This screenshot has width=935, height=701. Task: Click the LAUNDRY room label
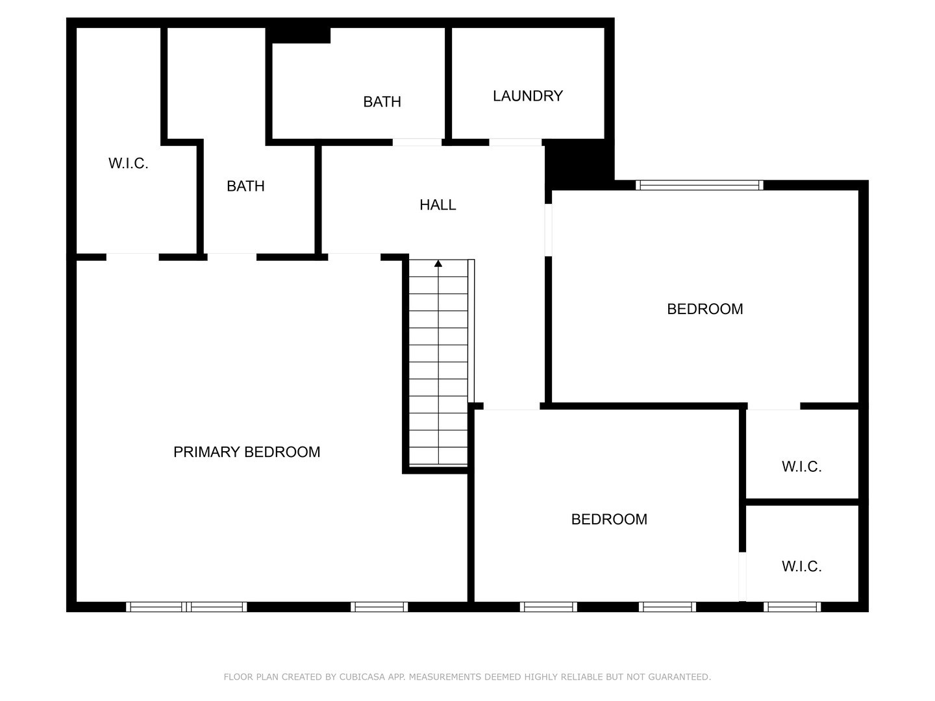click(x=527, y=96)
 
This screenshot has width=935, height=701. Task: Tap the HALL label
click(x=438, y=205)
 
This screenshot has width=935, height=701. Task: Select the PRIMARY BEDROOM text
click(x=247, y=452)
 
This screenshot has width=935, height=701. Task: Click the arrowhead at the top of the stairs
click(x=438, y=264)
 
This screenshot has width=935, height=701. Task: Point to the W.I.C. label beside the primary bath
click(x=129, y=164)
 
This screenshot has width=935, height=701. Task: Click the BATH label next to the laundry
click(x=382, y=102)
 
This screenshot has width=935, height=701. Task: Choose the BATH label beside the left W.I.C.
click(x=245, y=186)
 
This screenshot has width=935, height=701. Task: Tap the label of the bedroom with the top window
click(x=704, y=309)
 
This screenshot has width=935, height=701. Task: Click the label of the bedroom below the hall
click(x=609, y=519)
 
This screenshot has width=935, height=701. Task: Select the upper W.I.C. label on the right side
click(x=801, y=467)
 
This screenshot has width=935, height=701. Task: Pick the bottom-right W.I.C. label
click(x=801, y=567)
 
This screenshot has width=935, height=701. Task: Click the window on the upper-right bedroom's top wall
click(x=699, y=186)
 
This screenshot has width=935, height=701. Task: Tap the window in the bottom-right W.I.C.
click(x=792, y=607)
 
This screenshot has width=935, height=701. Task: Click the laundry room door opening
click(x=516, y=142)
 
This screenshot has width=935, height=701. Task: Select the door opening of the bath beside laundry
click(x=417, y=142)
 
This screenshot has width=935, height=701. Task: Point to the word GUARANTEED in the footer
click(x=680, y=677)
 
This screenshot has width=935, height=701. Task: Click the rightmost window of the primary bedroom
click(x=379, y=607)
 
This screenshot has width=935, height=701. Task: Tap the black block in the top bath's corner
click(x=301, y=35)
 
